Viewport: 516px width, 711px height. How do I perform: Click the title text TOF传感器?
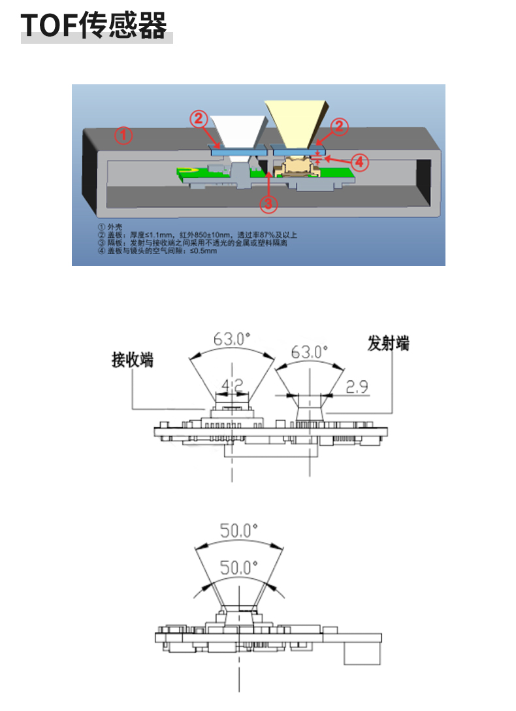pos(94,25)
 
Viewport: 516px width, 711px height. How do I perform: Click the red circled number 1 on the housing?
pos(124,136)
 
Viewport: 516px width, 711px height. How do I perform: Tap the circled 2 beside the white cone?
pos(199,119)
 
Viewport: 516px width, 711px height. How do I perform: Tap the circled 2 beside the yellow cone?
pos(338,127)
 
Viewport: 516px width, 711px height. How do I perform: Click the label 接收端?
pos(133,360)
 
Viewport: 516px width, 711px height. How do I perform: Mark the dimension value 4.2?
pos(233,384)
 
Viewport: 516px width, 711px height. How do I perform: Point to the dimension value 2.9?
pos(357,387)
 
